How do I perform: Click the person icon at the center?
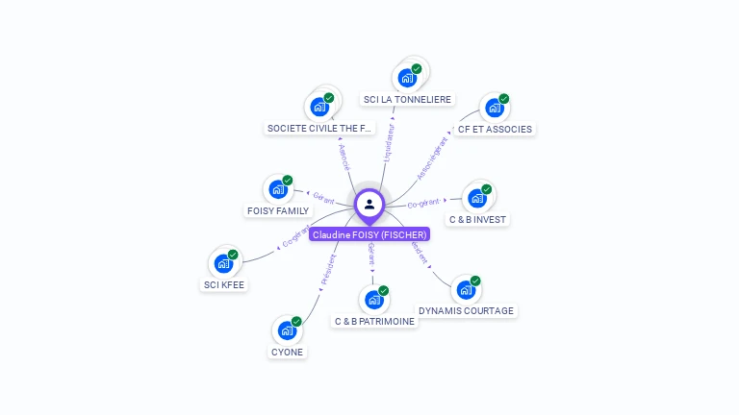pyautogui.click(x=369, y=204)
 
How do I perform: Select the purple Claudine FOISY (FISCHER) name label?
pyautogui.click(x=369, y=234)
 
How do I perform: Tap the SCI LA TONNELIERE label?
pyautogui.click(x=407, y=100)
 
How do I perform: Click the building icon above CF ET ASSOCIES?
pyautogui.click(x=493, y=108)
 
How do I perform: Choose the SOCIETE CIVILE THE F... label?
pyautogui.click(x=319, y=129)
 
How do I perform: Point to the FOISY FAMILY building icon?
pyautogui.click(x=277, y=189)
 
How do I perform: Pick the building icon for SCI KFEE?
pyautogui.click(x=223, y=263)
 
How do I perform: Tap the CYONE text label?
pyautogui.click(x=287, y=352)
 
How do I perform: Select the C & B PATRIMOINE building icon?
pyautogui.click(x=374, y=300)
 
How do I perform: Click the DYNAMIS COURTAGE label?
pyautogui.click(x=467, y=311)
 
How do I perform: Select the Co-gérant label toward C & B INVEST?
pyautogui.click(x=423, y=204)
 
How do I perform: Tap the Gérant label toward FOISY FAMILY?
pyautogui.click(x=323, y=198)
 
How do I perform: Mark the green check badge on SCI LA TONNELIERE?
pyautogui.click(x=417, y=68)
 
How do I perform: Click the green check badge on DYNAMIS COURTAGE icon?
pyautogui.click(x=475, y=281)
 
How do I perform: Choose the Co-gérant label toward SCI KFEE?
pyautogui.click(x=296, y=236)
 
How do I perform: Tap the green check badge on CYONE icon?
pyautogui.click(x=296, y=321)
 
